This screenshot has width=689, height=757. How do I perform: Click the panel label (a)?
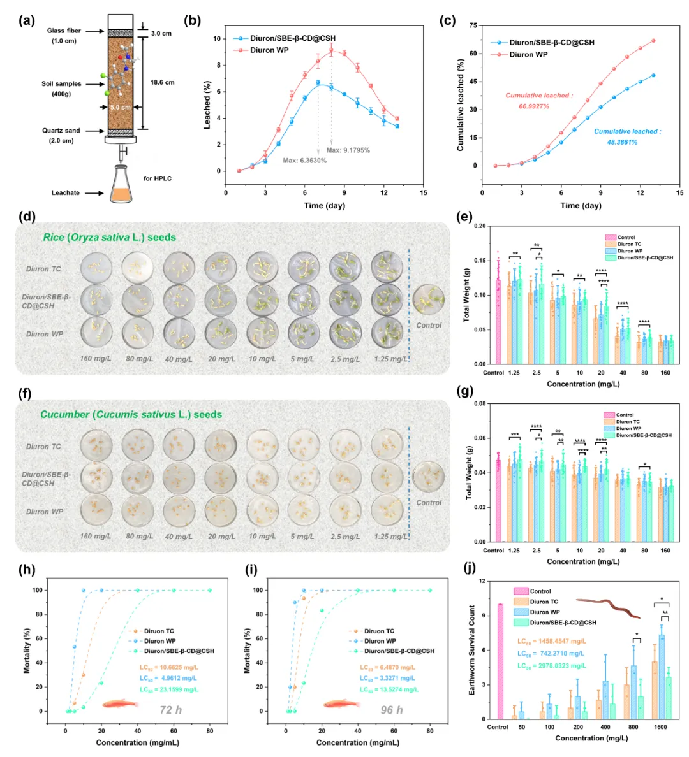[27, 21]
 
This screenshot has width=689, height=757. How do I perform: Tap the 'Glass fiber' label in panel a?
[64, 31]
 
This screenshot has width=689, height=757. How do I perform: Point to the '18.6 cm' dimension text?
[163, 82]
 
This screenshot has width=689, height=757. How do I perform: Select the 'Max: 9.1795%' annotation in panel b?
[348, 150]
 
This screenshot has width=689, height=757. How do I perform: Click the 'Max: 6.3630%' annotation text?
[304, 161]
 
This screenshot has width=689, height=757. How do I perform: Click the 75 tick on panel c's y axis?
[473, 25]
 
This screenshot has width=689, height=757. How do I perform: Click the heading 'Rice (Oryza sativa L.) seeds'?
[109, 237]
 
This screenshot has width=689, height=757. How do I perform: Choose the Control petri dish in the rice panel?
[428, 299]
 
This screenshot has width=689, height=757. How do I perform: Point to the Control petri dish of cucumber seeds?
[428, 475]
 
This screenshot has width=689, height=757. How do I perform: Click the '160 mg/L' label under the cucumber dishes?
[95, 536]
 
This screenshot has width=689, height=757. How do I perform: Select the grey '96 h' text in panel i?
[391, 710]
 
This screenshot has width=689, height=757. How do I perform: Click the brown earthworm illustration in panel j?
[608, 606]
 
